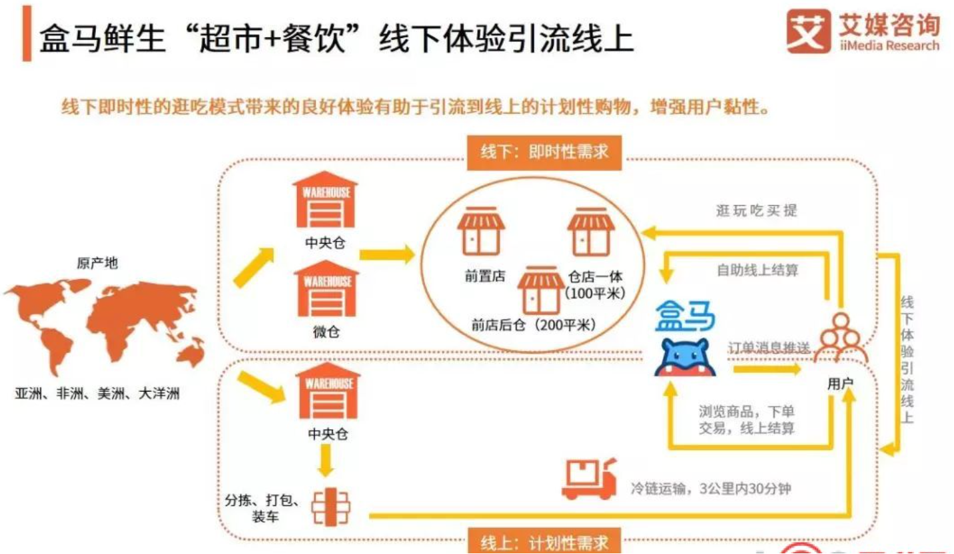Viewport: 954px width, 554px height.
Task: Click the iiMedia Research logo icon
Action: point(808,31)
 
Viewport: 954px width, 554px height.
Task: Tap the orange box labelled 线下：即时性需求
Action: point(545,152)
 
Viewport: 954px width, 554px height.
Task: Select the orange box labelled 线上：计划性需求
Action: point(545,541)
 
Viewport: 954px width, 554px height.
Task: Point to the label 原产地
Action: point(97,264)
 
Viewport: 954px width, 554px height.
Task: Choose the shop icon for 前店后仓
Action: point(541,290)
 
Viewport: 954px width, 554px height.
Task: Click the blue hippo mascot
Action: point(685,357)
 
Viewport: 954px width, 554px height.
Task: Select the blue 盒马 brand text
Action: point(685,316)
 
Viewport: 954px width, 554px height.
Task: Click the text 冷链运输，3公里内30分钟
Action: point(712,487)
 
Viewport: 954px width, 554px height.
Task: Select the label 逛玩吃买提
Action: point(756,211)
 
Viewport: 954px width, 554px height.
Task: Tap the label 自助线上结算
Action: point(757,270)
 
